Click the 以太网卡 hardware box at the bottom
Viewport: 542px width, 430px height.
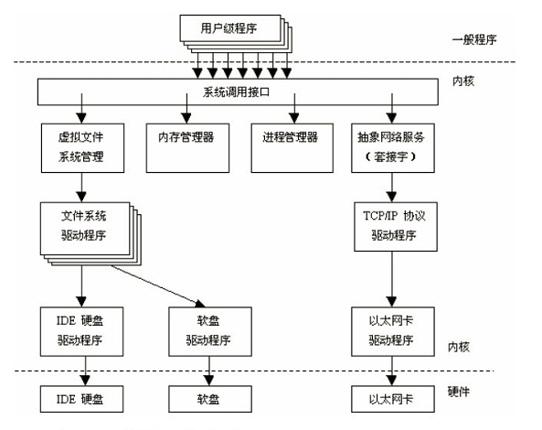[393, 399]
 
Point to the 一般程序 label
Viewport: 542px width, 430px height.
[478, 40]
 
